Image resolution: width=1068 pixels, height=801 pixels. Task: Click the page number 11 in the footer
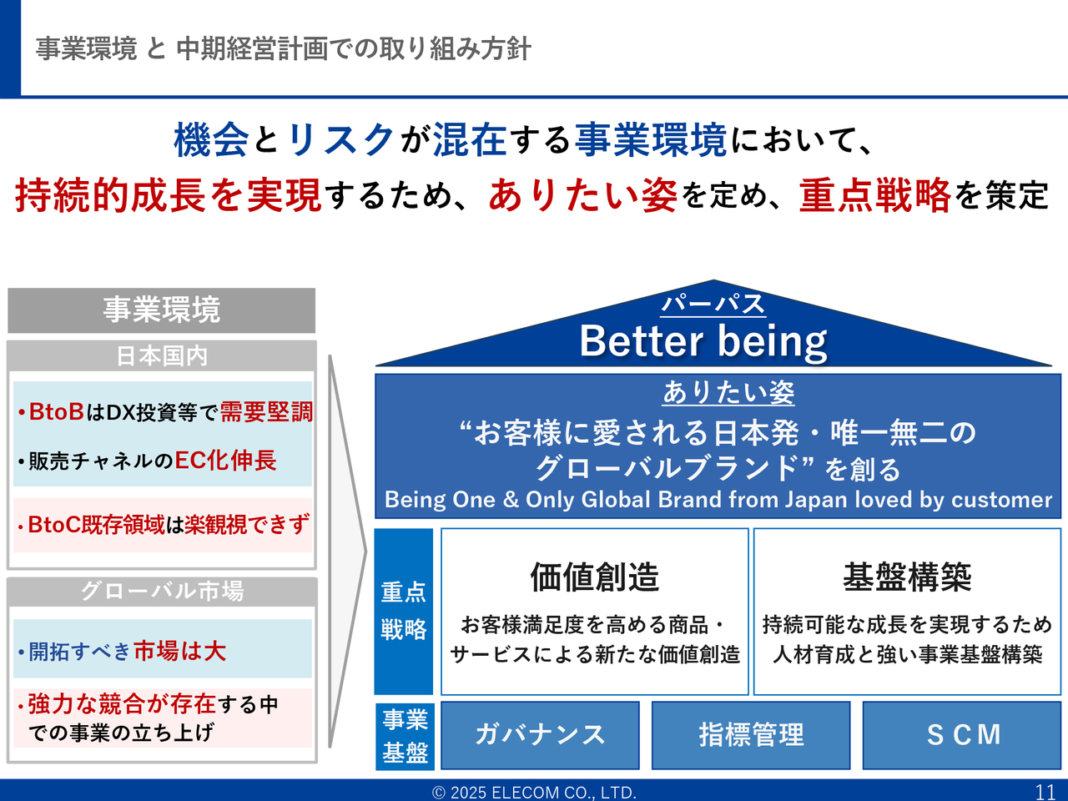click(1045, 793)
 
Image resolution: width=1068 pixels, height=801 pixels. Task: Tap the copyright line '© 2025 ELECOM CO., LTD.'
click(534, 793)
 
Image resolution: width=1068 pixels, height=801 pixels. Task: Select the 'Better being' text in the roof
click(703, 341)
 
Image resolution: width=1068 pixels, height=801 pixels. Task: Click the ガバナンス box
click(540, 735)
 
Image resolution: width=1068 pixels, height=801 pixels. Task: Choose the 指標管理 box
click(751, 735)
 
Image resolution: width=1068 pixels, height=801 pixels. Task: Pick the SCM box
click(962, 735)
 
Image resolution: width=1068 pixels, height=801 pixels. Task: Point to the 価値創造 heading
click(595, 577)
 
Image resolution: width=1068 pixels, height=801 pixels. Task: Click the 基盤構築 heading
click(907, 577)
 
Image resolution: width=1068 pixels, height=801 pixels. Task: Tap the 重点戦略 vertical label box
click(403, 612)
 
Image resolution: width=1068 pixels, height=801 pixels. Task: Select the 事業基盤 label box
click(405, 736)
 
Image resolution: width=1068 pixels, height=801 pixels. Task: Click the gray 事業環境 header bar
click(162, 310)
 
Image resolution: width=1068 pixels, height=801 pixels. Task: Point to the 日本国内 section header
click(162, 356)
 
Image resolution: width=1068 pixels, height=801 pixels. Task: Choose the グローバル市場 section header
click(162, 592)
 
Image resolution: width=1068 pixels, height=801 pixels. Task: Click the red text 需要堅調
click(266, 412)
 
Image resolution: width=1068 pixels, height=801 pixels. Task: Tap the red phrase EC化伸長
click(226, 460)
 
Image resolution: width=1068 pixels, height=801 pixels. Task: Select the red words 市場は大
click(180, 651)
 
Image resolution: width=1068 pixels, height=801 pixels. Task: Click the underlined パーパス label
click(713, 305)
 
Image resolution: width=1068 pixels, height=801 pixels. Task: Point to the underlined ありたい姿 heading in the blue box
click(728, 392)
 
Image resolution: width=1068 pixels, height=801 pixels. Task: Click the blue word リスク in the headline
click(340, 139)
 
